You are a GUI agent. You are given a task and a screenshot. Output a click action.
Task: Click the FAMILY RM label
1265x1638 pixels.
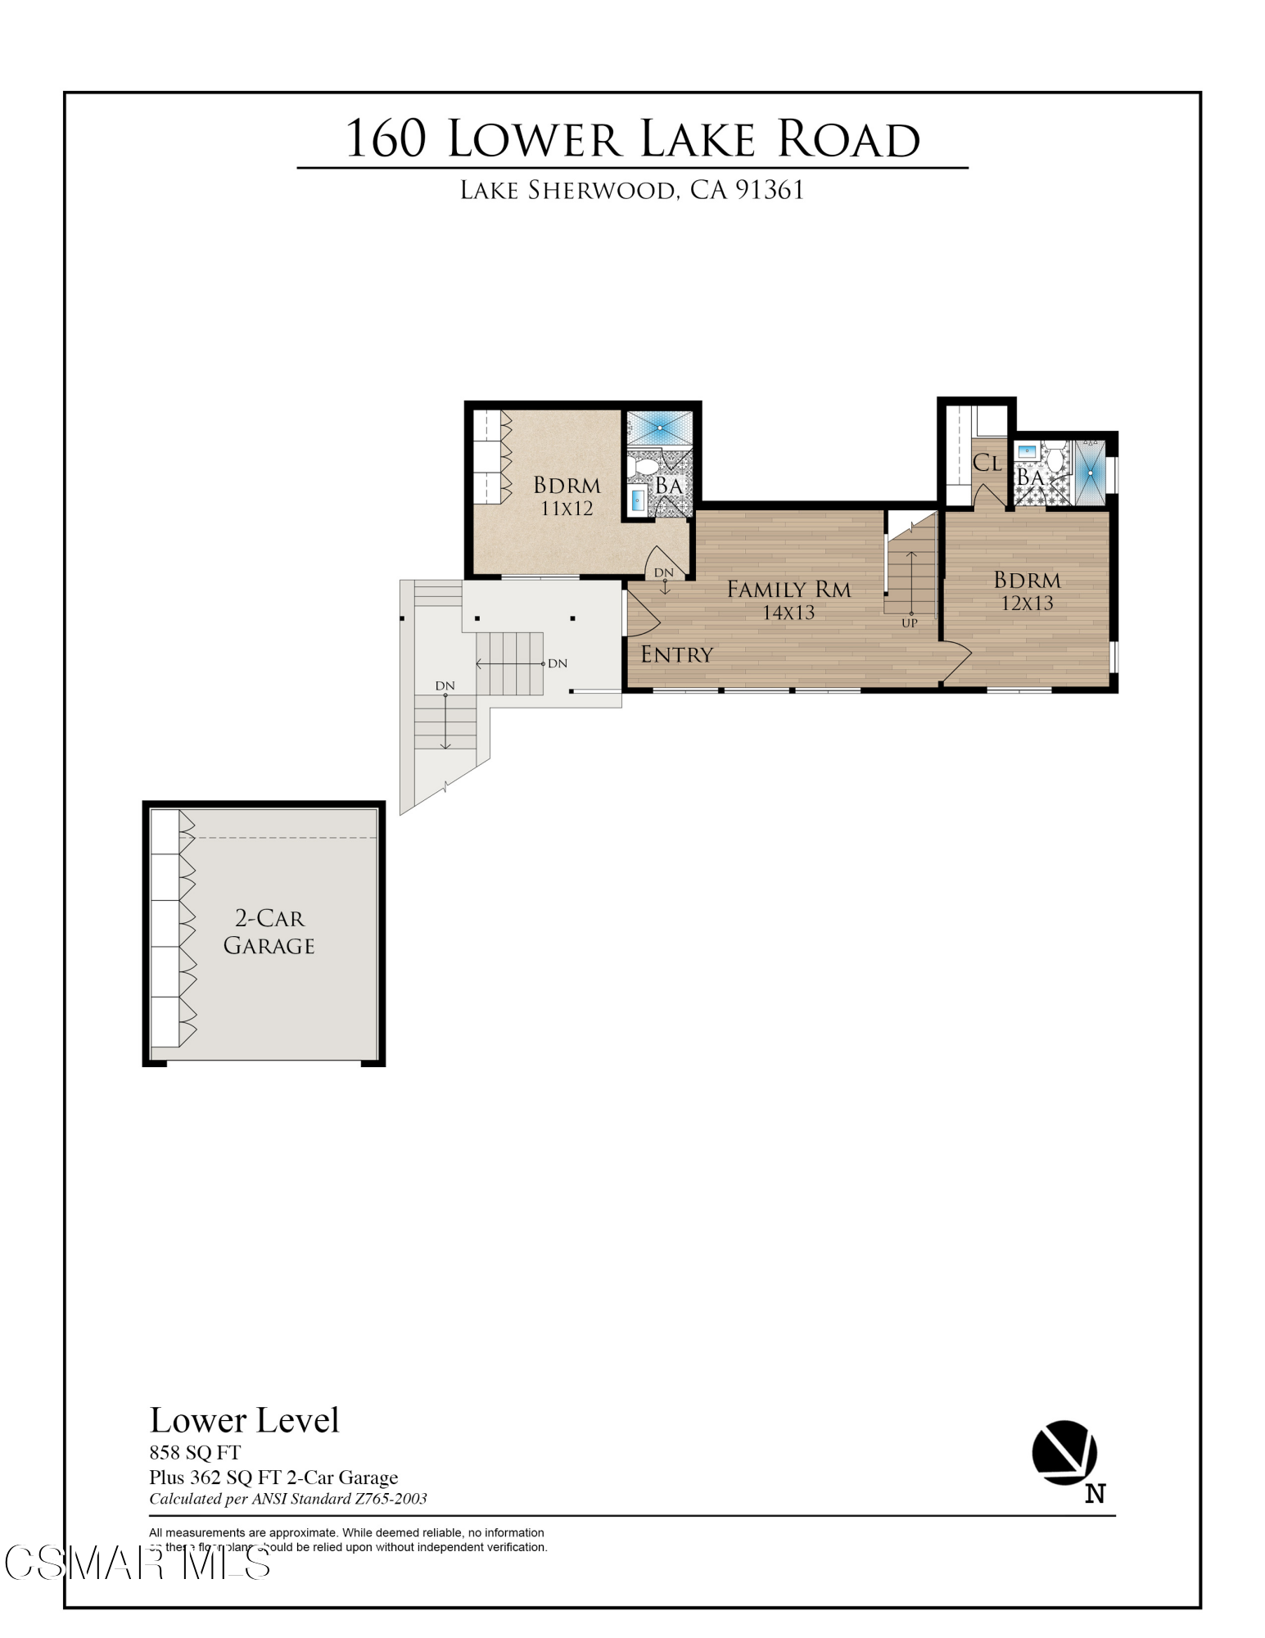pos(788,590)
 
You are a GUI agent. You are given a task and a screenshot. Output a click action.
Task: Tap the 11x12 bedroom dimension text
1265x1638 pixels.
pos(567,509)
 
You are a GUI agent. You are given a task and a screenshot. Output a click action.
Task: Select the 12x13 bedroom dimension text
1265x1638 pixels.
pos(1027,604)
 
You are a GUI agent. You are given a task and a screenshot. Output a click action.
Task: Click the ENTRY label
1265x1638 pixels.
pos(676,654)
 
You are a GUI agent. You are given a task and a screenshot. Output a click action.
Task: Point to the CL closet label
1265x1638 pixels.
pos(987,464)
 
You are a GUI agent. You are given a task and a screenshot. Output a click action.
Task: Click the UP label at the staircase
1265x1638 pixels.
pos(909,623)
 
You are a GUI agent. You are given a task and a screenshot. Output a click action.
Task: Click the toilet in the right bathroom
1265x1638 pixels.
pos(1055,456)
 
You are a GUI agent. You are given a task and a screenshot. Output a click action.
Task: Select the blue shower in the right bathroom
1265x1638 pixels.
pos(1090,473)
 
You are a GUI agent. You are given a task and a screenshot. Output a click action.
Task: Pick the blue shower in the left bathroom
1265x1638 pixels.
pos(659,428)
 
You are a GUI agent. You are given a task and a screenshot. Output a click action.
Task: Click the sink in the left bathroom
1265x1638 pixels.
pos(638,499)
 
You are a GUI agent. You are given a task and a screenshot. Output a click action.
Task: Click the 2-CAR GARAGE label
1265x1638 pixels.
pos(269,932)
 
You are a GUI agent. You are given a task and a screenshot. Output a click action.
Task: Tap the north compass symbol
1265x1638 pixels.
pos(1064,1453)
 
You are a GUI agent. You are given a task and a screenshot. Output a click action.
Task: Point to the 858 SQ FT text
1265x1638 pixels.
pos(195,1453)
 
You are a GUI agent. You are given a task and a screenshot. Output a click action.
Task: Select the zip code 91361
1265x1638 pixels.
pos(769,190)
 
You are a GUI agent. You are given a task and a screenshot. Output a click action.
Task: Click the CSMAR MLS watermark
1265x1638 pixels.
pos(137,1563)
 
